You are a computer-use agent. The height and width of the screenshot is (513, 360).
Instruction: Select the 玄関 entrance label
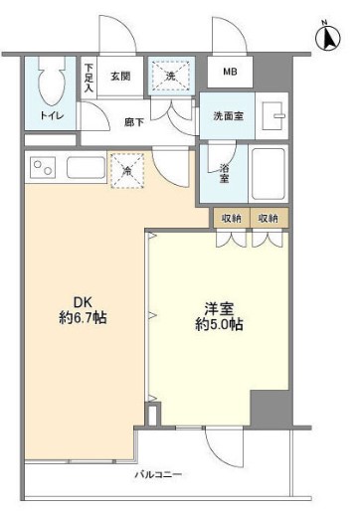point(120,76)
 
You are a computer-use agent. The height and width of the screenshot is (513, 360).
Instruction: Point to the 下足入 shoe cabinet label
point(89,78)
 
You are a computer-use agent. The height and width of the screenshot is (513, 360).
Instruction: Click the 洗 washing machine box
point(164,75)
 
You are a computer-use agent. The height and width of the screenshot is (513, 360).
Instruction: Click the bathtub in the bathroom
point(270,173)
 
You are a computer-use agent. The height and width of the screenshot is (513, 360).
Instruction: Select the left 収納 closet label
point(230,218)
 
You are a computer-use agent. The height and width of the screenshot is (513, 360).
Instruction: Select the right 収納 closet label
point(268,218)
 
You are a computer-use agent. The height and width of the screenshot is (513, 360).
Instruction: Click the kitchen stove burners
point(43,168)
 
